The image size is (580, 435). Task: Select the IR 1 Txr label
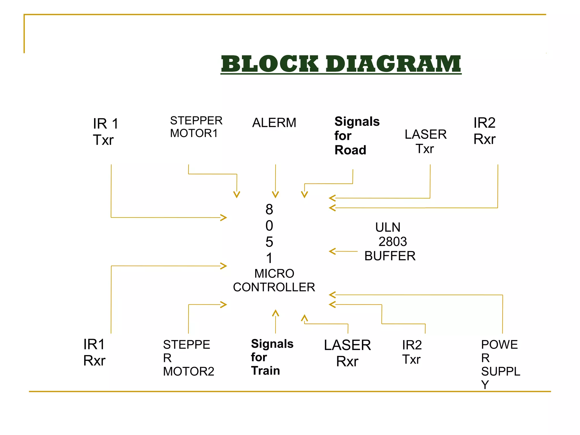click(105, 132)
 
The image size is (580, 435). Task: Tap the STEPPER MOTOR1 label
click(196, 127)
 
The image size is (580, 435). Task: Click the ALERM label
click(274, 123)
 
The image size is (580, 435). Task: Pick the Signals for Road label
click(356, 136)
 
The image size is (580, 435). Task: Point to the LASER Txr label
click(425, 141)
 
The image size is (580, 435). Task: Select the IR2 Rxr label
click(484, 131)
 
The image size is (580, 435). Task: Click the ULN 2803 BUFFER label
click(390, 242)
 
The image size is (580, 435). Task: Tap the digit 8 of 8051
click(269, 210)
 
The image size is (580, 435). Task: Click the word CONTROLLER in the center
click(274, 287)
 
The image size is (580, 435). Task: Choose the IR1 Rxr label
click(94, 352)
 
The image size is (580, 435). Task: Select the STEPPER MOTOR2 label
click(188, 358)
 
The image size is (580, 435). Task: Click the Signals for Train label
click(272, 357)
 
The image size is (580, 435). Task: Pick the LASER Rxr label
click(347, 353)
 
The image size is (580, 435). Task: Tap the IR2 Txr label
click(412, 352)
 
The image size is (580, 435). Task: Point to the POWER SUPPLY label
click(500, 364)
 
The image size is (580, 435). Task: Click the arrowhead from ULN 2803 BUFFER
click(332, 251)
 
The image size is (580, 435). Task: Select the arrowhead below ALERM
click(275, 195)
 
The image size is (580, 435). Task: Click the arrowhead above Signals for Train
click(276, 313)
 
